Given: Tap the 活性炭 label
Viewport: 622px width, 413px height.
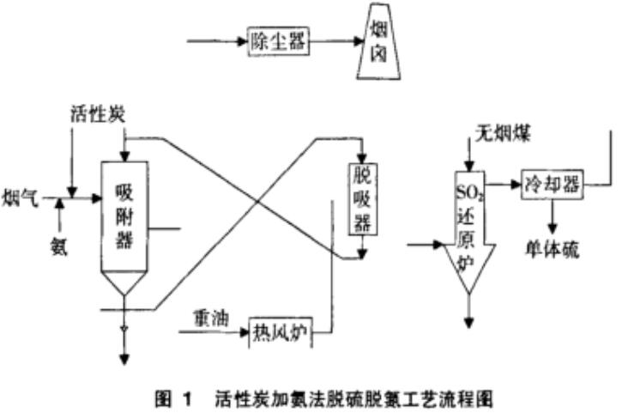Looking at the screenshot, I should click(x=97, y=114).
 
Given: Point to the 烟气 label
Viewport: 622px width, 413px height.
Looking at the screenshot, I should click(x=20, y=191).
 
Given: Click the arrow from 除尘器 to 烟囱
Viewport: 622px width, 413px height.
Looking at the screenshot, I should click(x=331, y=39).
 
